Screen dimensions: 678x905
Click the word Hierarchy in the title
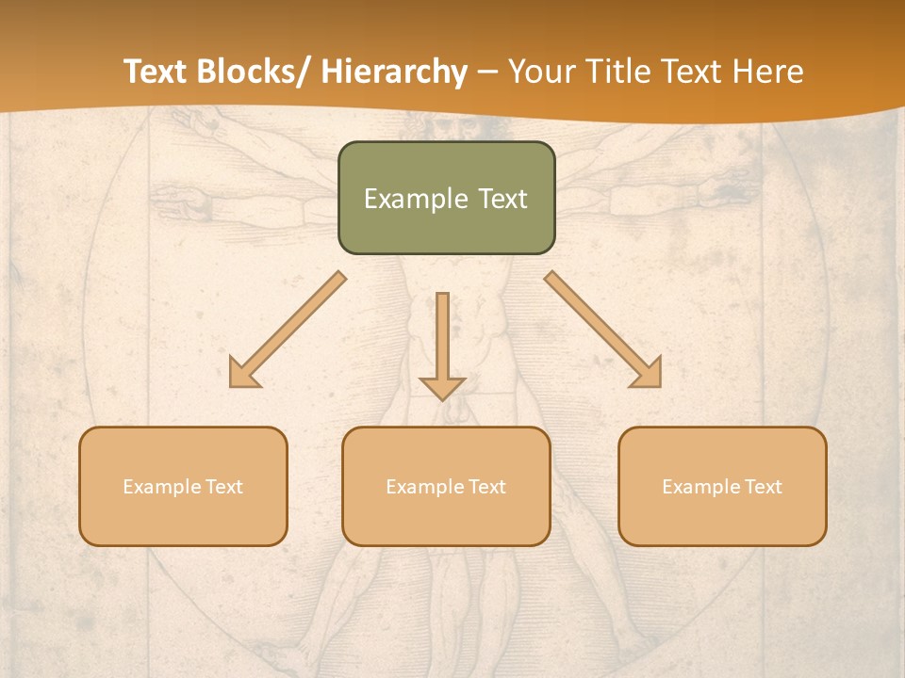coord(394,72)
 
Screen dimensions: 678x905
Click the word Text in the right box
coord(764,487)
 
